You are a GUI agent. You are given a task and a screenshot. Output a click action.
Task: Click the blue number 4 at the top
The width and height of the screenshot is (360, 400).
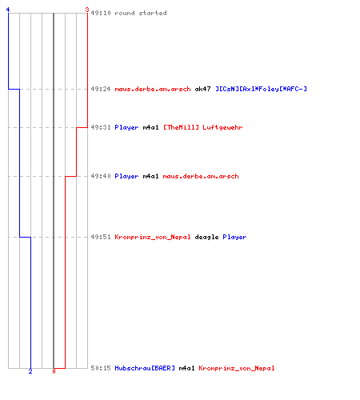8,10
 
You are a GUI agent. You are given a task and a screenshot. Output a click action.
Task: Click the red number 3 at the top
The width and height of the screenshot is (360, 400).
87,10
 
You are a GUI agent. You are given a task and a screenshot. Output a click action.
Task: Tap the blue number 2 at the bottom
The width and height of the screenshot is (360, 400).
30,371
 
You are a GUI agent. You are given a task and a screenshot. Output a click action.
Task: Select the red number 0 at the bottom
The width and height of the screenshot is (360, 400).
54,371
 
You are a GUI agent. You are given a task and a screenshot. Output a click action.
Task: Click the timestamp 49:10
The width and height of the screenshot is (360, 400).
101,13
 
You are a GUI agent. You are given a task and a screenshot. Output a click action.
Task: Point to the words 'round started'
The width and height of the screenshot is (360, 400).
141,13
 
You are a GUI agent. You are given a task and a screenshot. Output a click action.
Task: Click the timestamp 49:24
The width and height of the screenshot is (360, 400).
101,89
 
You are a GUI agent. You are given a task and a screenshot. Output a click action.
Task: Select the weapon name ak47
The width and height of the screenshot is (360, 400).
202,89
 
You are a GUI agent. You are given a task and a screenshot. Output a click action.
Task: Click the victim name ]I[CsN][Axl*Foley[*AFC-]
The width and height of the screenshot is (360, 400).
261,89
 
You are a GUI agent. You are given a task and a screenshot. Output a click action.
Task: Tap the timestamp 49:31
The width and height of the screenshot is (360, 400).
101,127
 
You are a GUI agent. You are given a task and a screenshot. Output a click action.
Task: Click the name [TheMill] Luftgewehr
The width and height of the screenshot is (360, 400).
202,127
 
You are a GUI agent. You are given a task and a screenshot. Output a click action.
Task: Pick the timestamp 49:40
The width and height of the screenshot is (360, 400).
101,176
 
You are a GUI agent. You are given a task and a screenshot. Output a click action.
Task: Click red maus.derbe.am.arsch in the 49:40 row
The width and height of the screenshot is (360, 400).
201,176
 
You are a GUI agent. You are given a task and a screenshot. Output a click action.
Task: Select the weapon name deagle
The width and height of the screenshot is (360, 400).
206,237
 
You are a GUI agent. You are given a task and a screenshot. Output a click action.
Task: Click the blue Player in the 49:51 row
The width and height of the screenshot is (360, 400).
234,237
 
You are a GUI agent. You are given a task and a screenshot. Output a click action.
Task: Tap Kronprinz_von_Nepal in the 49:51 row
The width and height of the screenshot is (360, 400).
153,237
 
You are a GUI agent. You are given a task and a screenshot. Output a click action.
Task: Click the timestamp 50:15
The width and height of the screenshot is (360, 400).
101,368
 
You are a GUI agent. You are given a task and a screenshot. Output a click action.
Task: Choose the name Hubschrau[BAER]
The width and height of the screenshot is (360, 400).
145,368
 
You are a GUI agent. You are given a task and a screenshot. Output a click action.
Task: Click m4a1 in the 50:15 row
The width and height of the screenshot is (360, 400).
186,368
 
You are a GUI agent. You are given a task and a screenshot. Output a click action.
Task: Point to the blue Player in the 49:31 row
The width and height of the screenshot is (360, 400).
126,127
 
